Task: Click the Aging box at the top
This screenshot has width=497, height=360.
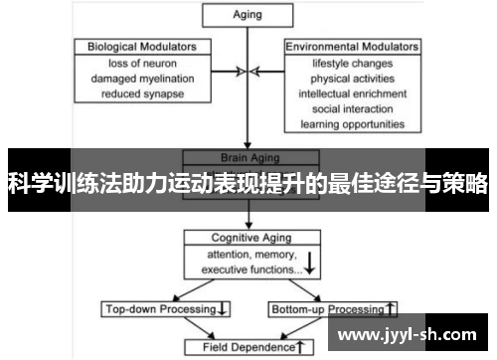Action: point(246,15)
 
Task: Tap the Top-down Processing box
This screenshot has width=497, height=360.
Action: point(167,309)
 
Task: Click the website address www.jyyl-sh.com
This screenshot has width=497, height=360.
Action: point(408,334)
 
